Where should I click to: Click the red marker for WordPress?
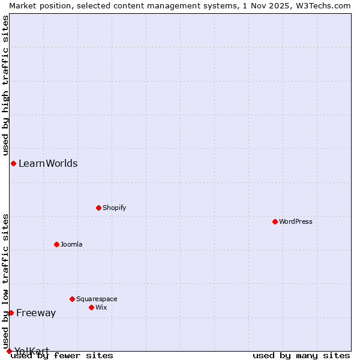tap(275, 221)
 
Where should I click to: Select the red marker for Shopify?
tap(98, 208)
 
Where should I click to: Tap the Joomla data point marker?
tap(56, 244)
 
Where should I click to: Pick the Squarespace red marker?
tap(72, 299)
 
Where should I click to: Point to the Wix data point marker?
tap(91, 307)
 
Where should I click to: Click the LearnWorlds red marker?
tap(13, 163)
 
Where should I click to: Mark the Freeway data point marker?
tap(11, 313)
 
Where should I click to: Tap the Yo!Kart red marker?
tap(9, 351)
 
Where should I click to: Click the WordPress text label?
tap(296, 221)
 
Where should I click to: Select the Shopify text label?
tap(114, 208)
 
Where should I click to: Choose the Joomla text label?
tap(71, 244)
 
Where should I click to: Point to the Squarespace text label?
tap(97, 299)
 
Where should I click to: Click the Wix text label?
tap(101, 307)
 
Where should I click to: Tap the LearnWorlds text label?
tap(48, 163)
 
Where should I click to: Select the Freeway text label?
tap(36, 313)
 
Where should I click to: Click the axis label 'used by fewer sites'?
tap(62, 356)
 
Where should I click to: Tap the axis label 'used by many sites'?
tap(301, 356)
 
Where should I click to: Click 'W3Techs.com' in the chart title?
tap(326, 5)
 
